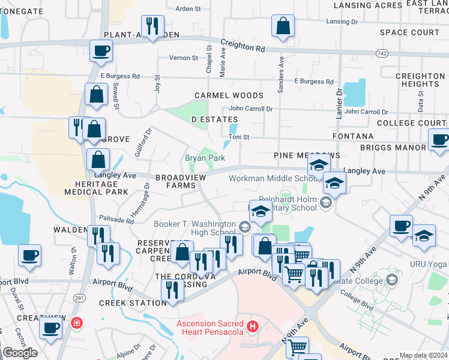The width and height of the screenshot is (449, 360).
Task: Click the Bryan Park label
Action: tap(204, 158)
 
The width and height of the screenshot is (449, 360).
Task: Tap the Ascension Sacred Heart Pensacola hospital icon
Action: tap(253, 327)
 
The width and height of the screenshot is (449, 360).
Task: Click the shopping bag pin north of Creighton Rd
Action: tap(283, 26)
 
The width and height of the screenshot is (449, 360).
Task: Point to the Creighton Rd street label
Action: tap(243, 46)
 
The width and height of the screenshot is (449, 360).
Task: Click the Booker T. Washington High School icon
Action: tap(244, 227)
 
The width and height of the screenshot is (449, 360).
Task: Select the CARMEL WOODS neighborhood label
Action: tap(229, 95)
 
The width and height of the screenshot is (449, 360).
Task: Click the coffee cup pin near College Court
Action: tap(439, 140)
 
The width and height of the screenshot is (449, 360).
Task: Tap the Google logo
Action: tap(20, 352)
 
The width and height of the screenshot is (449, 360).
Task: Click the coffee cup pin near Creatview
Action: tap(50, 328)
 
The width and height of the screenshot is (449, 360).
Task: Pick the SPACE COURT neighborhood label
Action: tap(410, 32)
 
